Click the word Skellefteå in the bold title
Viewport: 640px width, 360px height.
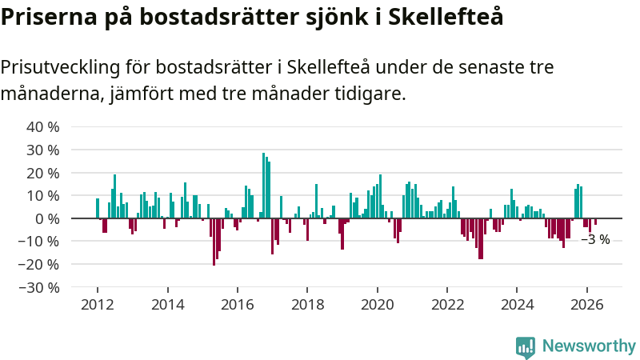446,17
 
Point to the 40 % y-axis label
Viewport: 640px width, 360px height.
43,127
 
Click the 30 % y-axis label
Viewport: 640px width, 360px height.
43,150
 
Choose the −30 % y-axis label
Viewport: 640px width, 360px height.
38,288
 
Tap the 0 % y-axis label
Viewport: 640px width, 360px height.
47,218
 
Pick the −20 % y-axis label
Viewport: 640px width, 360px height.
38,265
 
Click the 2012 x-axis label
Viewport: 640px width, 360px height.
97,305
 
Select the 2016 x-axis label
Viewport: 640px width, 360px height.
238,305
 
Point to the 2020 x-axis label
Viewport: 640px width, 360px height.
377,305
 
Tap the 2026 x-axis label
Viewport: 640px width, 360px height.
587,305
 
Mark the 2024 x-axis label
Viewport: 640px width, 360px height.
517,305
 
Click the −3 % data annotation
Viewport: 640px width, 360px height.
595,239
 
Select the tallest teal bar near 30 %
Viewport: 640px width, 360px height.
264,186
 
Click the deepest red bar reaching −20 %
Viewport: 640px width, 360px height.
214,242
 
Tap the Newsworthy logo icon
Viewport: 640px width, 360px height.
526,347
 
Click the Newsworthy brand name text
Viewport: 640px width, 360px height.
589,346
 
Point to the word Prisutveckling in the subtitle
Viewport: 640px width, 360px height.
60,67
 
